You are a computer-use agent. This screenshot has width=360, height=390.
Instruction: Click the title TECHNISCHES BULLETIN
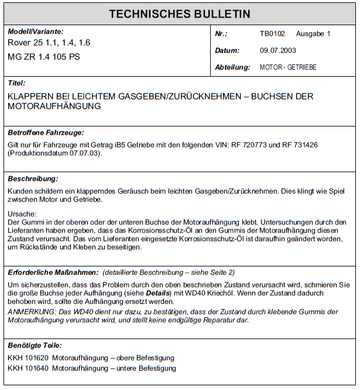point(180,13)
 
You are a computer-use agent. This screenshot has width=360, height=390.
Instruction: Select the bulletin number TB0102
point(272,34)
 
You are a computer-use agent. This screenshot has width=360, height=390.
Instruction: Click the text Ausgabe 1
point(313,34)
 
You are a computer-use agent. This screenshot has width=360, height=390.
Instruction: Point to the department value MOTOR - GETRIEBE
point(288,67)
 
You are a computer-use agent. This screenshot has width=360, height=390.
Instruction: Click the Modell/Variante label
point(36,32)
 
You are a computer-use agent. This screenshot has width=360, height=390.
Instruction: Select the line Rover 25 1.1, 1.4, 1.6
point(49,43)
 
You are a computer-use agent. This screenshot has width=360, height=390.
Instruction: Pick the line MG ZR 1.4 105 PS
point(44,57)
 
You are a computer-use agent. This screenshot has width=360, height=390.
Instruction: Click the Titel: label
point(16,83)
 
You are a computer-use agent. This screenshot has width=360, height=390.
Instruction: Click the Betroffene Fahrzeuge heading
point(46,133)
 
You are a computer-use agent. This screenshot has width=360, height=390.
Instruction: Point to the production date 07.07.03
point(84,153)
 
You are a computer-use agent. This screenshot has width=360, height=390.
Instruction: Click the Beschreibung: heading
point(33,179)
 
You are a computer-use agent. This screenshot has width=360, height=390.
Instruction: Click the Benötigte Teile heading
point(35,345)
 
